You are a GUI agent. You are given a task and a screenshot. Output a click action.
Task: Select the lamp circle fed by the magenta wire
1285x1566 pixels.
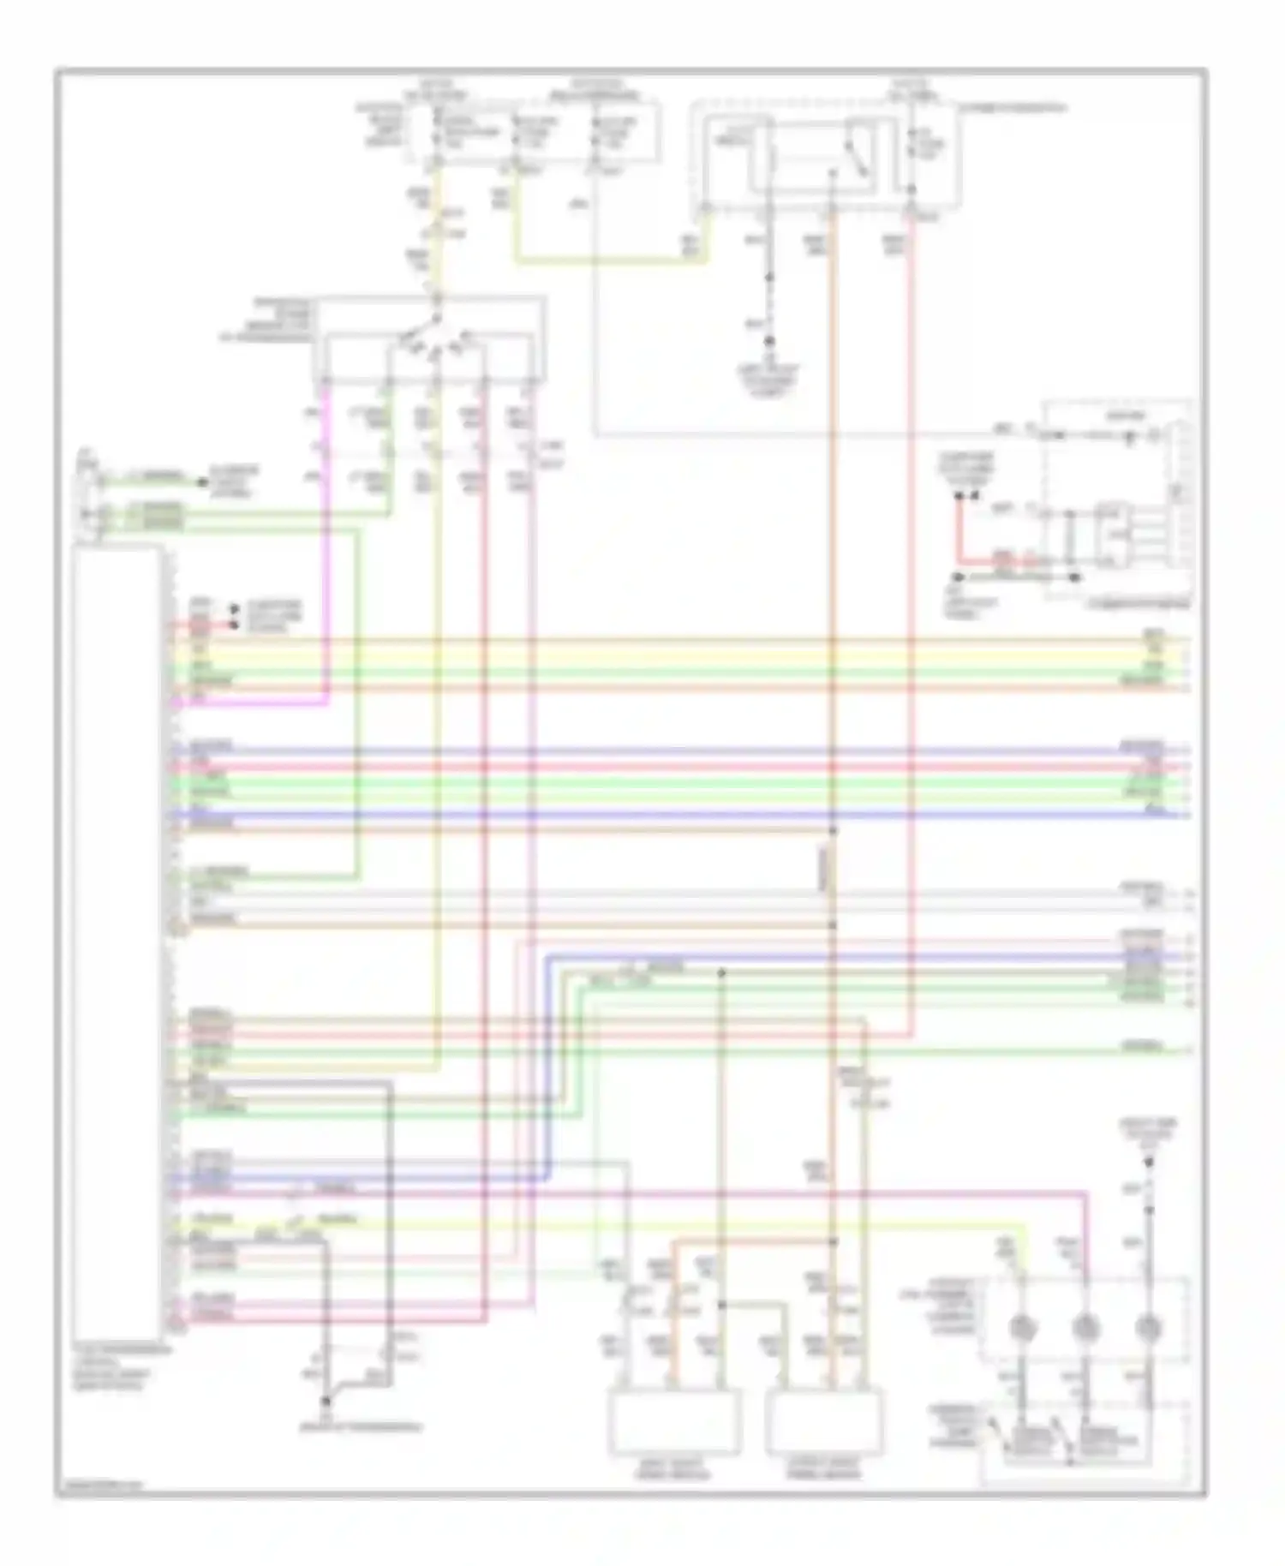pos(1085,1327)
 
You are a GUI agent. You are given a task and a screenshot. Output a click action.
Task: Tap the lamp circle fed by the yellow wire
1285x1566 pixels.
pos(1021,1327)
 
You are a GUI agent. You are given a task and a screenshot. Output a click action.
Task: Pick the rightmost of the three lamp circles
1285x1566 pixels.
pos(1148,1327)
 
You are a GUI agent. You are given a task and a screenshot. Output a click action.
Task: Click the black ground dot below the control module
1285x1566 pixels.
pos(326,1402)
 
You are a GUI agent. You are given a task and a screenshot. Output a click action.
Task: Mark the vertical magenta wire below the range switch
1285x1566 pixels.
pos(326,548)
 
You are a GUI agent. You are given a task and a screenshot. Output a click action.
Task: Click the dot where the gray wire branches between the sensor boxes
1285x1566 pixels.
pos(722,1305)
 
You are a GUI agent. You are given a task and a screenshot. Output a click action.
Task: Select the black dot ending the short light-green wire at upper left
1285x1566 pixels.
pos(203,482)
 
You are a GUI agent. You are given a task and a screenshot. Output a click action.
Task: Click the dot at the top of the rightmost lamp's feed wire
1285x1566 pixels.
pos(1149,1163)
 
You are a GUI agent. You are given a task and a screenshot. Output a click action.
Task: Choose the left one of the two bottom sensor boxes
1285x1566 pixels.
pos(675,1423)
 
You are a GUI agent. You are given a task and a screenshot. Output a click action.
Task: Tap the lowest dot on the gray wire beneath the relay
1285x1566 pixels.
pos(768,341)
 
